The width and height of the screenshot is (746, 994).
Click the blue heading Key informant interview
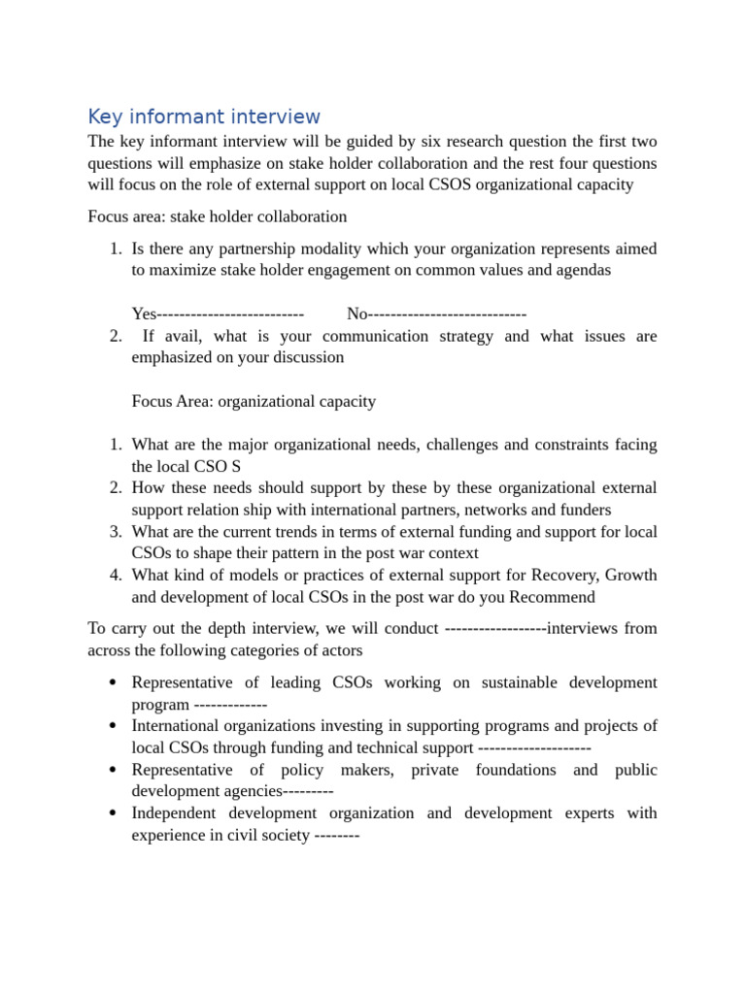pyautogui.click(x=204, y=117)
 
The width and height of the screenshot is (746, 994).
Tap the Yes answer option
pyautogui.click(x=144, y=314)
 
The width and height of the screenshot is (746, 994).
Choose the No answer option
pyautogui.click(x=357, y=314)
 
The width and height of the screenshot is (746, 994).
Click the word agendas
pyautogui.click(x=583, y=270)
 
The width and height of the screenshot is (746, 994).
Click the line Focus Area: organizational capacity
pyautogui.click(x=254, y=401)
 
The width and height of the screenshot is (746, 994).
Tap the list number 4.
pyautogui.click(x=116, y=576)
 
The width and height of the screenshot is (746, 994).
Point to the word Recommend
pyautogui.click(x=552, y=597)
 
